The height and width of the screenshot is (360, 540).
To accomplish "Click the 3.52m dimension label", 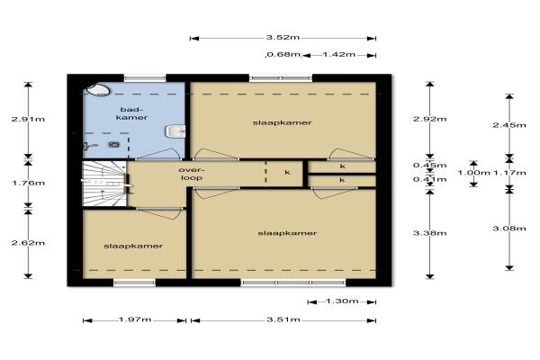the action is pos(283,37).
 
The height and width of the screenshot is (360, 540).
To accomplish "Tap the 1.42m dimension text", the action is pos(339,54).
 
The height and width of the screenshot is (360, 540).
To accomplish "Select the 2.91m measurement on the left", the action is pos(28,119).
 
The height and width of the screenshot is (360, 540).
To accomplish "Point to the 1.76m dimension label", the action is pos(28,183).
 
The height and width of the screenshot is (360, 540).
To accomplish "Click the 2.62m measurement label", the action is pos(28,243).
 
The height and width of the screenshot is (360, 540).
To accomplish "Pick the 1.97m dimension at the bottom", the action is pos(135,319).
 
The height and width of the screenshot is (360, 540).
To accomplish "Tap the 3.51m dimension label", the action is pos(283,319).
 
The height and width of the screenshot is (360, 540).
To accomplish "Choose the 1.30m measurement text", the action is pos(342,301).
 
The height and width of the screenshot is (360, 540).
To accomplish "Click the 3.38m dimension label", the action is pos(430,233).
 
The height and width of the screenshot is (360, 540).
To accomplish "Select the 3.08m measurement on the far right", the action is pos(509,229).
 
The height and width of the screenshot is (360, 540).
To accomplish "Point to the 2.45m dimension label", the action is pos(509,125).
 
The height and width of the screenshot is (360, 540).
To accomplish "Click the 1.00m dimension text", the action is pos(474,172).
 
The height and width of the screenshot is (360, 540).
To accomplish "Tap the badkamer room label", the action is pos(131,113).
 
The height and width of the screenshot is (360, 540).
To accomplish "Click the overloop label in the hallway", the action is pos(191,174).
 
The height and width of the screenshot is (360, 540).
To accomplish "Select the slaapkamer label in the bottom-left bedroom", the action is pos(133,247).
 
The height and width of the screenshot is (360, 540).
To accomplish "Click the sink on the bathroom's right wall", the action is pos(176,131).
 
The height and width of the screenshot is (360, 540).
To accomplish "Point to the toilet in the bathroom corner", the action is pos(98,90).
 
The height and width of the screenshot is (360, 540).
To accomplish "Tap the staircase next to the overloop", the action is pos(104,184).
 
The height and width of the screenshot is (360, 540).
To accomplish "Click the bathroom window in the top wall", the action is pos(145,78).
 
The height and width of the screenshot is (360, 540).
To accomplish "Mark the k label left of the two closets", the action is pos(288,172).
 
